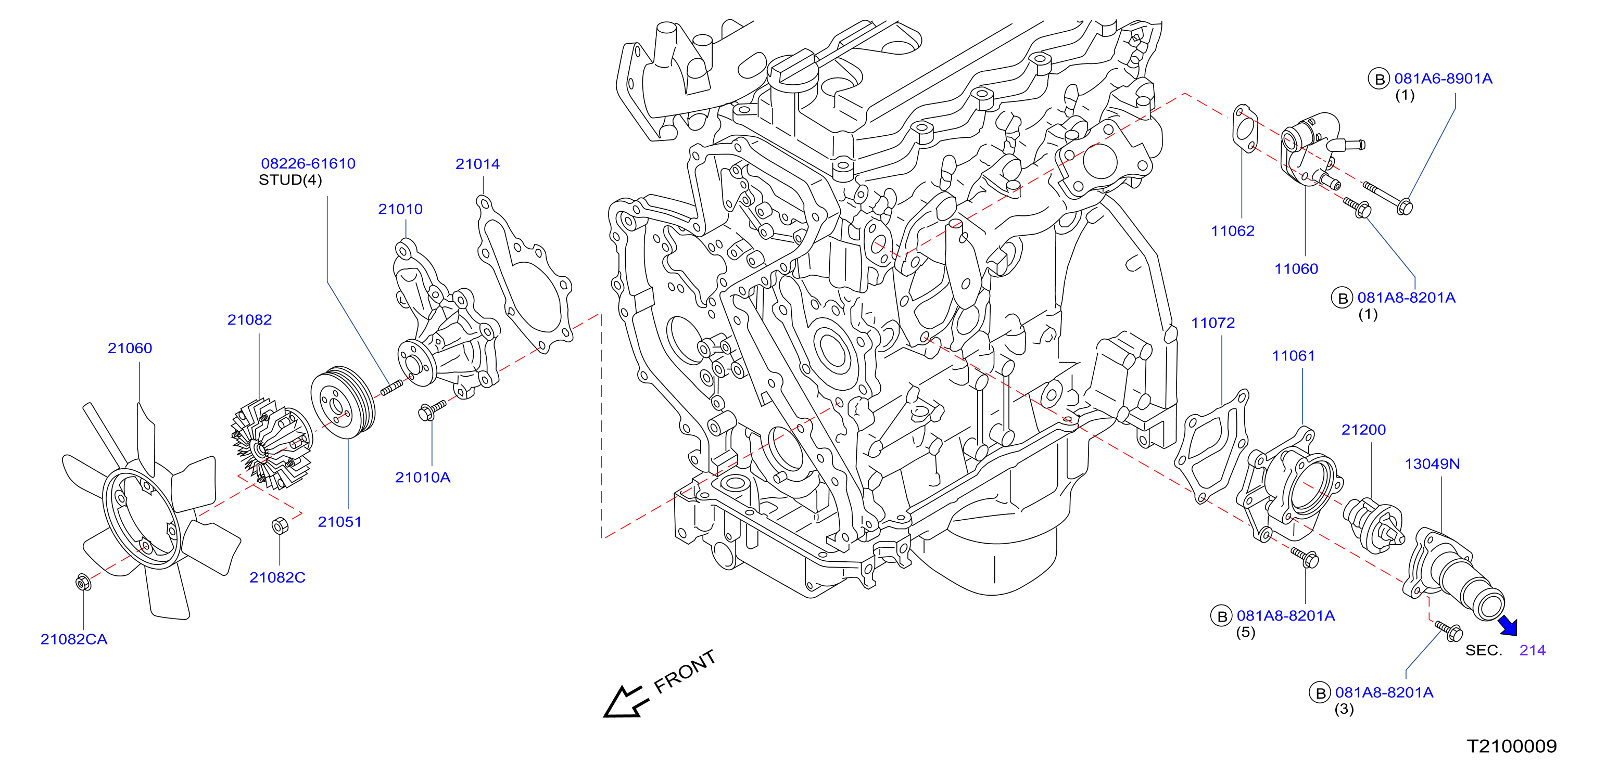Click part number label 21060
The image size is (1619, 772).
(x=130, y=348)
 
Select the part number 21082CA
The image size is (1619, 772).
(x=74, y=639)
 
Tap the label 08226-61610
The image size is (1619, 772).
(x=308, y=163)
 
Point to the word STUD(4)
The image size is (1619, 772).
(x=290, y=181)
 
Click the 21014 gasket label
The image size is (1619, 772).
(x=478, y=164)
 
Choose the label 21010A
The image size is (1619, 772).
(x=423, y=478)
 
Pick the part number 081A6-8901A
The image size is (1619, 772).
(x=1443, y=79)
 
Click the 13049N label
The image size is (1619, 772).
(x=1432, y=464)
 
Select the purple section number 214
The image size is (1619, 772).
(x=1532, y=650)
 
